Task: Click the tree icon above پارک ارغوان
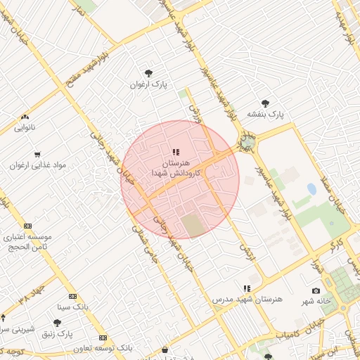coord(148,72)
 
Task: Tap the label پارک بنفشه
coord(264,114)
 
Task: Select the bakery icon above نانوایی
coord(25,117)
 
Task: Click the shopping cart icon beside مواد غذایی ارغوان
coord(37,154)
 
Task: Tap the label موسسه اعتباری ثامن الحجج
coord(27,242)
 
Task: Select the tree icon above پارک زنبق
coord(56,323)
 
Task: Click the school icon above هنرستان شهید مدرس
coord(247,288)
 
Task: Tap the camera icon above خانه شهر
coord(316,290)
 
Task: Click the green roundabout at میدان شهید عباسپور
coord(247,143)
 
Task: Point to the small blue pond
coord(311,189)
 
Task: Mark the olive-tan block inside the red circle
coord(193,226)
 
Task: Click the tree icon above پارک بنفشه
coord(264,103)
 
